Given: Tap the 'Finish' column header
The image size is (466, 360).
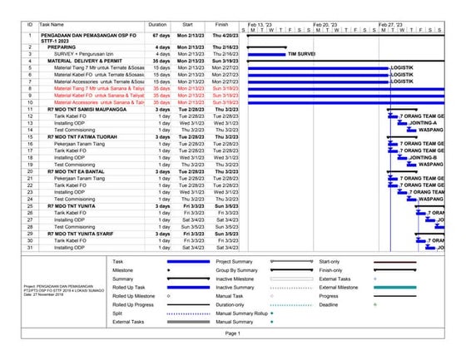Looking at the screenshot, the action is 222,26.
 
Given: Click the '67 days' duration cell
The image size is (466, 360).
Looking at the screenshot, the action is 161,37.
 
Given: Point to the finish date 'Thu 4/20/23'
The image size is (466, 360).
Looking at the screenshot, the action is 223,37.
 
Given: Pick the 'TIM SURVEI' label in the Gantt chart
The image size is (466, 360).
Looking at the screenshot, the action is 301,55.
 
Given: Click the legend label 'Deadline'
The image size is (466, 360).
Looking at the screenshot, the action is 329,304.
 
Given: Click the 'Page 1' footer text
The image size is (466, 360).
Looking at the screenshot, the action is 232,333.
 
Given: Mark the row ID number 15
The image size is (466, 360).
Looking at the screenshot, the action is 29,136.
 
